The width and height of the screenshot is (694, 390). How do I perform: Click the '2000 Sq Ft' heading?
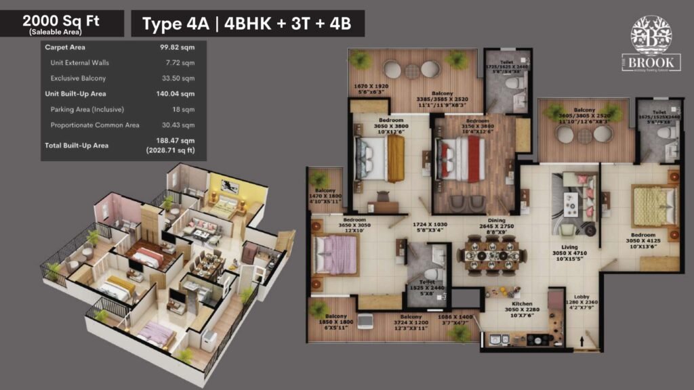pos(62,20)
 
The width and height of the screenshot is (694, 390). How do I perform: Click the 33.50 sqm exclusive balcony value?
pos(178,79)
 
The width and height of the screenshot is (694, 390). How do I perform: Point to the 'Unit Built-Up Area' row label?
pos(75,93)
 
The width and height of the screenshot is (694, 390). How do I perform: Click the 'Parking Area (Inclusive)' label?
pos(87,109)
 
